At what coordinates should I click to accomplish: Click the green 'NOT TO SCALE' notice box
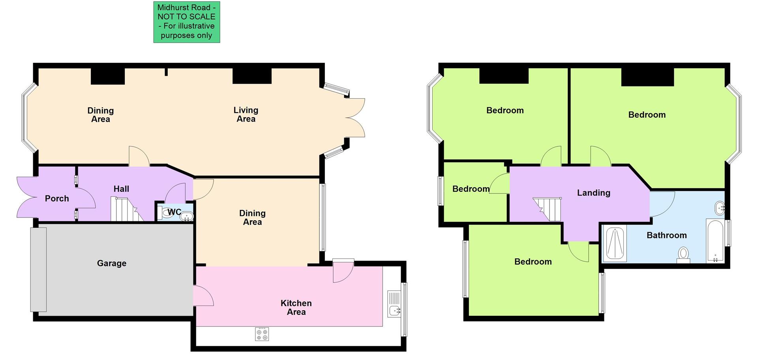click(186, 22)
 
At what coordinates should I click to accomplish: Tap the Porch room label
click(57, 199)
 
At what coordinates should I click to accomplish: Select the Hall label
click(121, 189)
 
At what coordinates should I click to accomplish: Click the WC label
click(174, 212)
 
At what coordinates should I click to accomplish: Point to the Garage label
click(112, 263)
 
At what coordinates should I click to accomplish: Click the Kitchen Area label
click(296, 307)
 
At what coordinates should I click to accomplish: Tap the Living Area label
click(246, 114)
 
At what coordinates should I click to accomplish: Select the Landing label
click(593, 193)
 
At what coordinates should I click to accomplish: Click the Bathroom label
click(666, 235)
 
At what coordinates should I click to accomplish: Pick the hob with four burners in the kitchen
click(262, 334)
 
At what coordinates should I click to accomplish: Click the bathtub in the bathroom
click(715, 241)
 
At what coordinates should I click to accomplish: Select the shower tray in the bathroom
click(615, 244)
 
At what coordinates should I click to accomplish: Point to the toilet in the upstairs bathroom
click(683, 254)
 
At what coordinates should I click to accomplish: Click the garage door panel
click(39, 270)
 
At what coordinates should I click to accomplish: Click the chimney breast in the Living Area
click(252, 76)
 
